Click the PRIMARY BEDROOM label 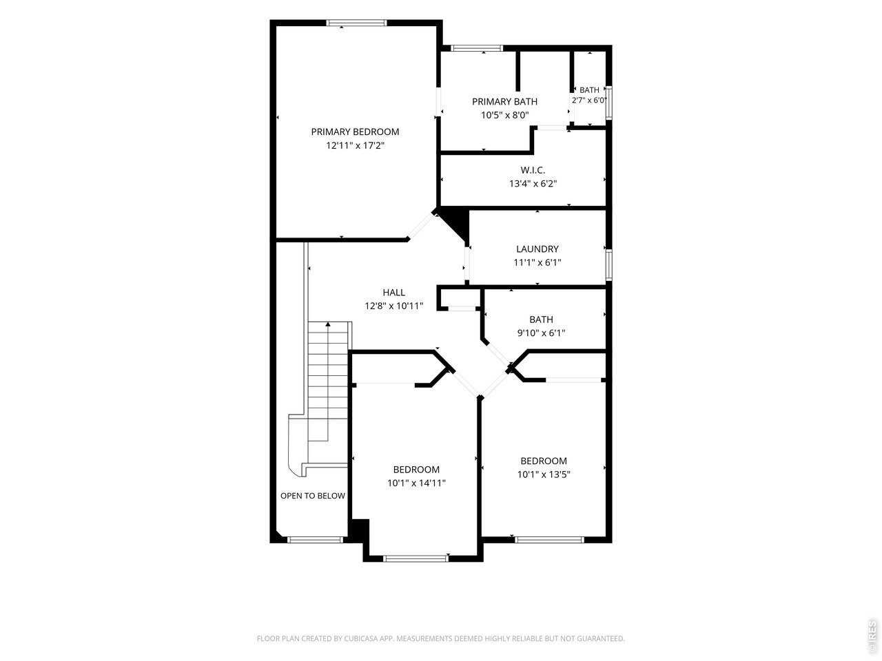point(355,132)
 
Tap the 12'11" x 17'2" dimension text point(355,145)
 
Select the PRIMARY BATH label point(504,101)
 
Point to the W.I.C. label point(533,170)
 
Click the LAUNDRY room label point(537,249)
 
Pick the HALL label point(393,292)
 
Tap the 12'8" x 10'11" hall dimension point(393,306)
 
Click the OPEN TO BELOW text point(313,496)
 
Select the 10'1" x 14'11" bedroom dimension point(416,483)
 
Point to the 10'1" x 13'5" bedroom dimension point(544,474)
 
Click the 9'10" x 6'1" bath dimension point(541,333)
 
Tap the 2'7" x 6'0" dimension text point(589,100)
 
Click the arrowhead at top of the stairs point(328,324)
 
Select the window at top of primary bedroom point(357,23)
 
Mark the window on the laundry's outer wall point(608,264)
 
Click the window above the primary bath point(477,48)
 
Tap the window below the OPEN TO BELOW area point(316,539)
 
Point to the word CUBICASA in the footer point(361,638)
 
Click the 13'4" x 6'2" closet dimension point(533,184)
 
